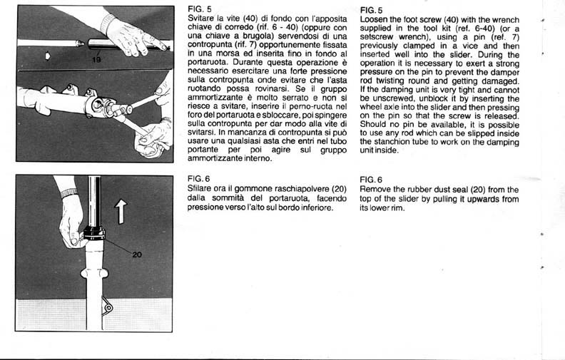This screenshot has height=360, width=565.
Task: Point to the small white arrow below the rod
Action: (47, 55)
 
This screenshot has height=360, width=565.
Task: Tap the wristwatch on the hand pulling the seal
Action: (68, 192)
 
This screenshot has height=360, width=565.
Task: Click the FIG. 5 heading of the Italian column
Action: (194, 9)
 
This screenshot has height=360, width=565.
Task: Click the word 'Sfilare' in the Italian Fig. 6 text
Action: (199, 189)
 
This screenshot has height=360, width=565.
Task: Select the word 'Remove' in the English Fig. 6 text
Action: (377, 189)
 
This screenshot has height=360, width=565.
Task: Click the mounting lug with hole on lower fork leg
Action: (107, 308)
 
